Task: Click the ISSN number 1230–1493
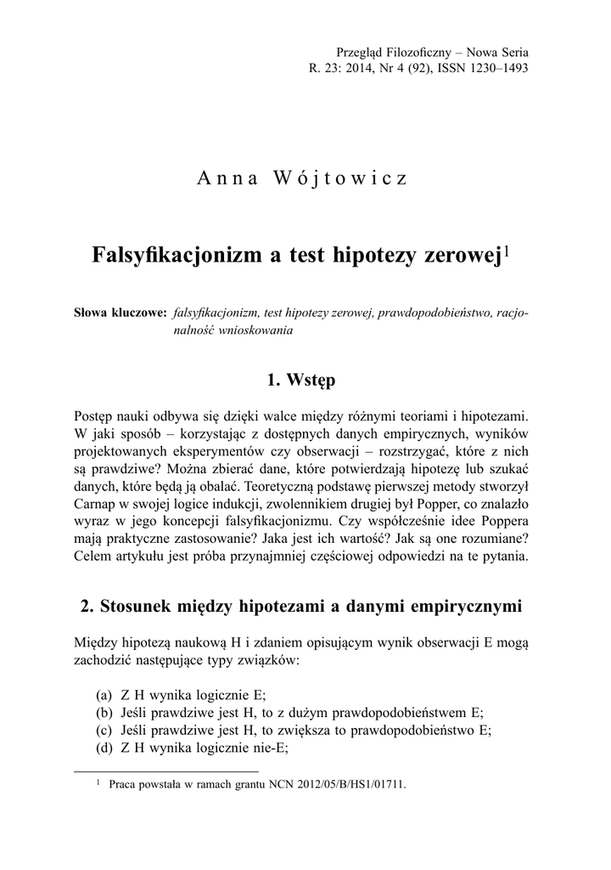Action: pos(501,69)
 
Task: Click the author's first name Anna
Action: pos(224,179)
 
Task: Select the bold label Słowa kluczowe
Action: pos(121,314)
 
